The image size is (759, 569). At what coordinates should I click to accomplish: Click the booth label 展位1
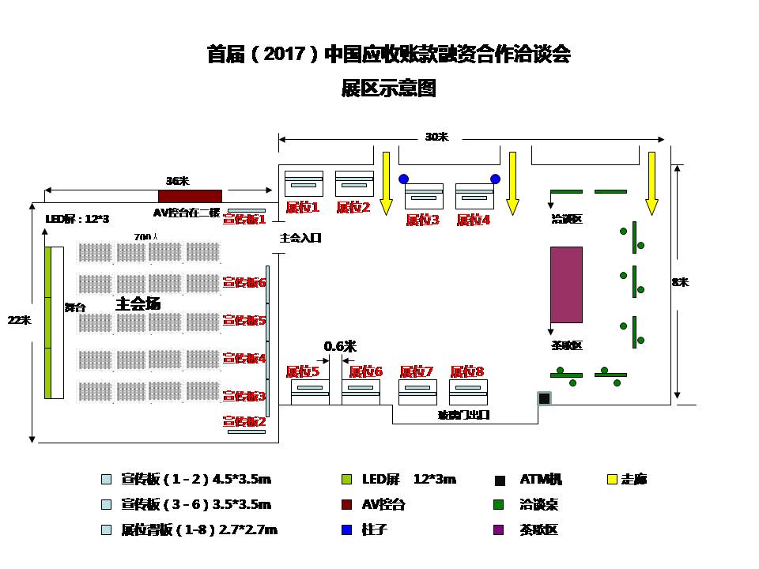point(302,208)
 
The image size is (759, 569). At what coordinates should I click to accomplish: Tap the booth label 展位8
point(467,371)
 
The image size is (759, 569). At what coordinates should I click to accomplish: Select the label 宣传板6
point(244,282)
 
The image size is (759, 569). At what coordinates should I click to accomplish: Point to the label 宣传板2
point(244,422)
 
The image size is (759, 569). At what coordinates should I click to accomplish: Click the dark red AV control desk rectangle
point(190,196)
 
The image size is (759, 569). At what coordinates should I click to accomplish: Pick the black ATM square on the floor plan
point(544,398)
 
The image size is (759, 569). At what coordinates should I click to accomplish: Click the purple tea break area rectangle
point(566,284)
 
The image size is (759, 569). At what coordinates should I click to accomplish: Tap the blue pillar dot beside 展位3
point(404,179)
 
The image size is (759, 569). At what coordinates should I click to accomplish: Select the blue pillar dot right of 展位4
point(496,179)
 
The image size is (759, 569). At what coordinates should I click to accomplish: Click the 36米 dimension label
point(177,181)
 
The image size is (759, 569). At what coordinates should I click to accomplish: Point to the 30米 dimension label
point(436,137)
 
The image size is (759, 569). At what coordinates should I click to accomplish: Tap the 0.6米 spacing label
point(340,346)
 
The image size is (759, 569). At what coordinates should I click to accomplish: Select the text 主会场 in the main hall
point(138,303)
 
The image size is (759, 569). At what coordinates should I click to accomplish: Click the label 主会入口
point(300,237)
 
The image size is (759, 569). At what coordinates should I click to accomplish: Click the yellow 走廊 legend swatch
point(611,479)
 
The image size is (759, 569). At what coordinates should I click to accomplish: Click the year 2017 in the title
point(281,55)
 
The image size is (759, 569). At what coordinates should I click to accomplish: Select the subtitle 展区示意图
point(388,88)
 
